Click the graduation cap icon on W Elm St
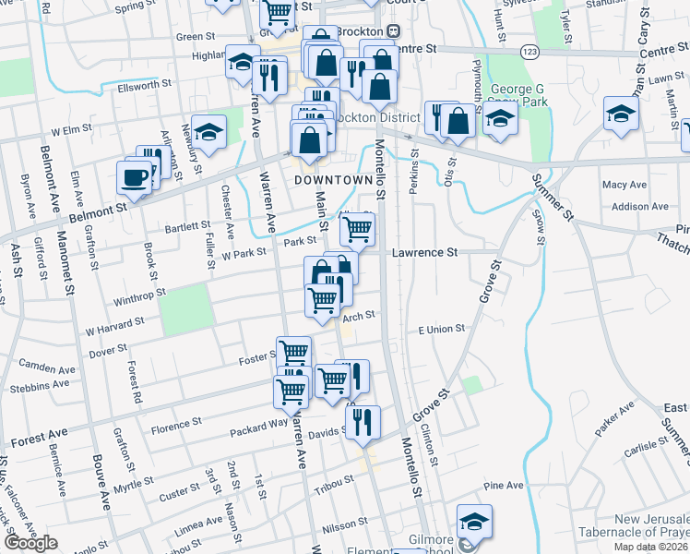(209, 132)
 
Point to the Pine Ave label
(503, 485)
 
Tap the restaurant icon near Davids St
(363, 421)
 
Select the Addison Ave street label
(632, 207)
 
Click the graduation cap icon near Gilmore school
(474, 521)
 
